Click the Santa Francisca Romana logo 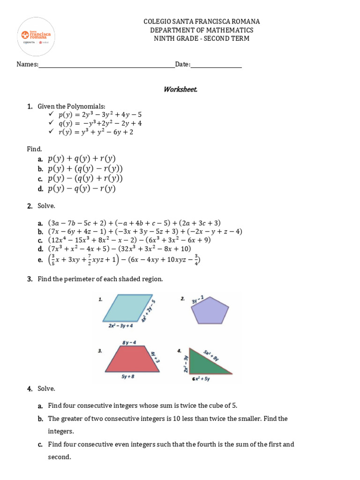(x=36, y=36)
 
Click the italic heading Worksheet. (x=180, y=89)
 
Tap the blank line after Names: (x=106, y=65)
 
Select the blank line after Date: (x=216, y=65)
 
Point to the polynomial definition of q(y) (x=100, y=123)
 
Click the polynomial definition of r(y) (x=96, y=132)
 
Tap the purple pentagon (x=210, y=310)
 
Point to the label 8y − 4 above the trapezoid (x=129, y=343)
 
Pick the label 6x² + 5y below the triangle (x=201, y=379)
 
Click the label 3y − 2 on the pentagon (x=197, y=299)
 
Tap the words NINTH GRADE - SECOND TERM (x=202, y=38)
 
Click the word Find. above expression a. (x=34, y=149)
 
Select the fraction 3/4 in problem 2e (x=196, y=260)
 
